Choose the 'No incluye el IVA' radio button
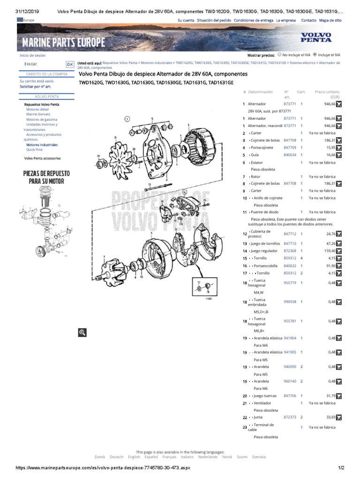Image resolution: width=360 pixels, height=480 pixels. coord(280,54)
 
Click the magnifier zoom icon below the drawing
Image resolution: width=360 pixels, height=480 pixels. coord(82,332)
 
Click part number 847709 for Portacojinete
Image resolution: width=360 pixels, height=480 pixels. coord(290,148)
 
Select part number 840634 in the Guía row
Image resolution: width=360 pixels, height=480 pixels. coord(290,155)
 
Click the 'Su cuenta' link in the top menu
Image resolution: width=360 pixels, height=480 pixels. coord(186,21)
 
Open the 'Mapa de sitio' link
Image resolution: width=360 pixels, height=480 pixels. coord(330,21)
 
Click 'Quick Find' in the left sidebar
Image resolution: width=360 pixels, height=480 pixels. coord(34,150)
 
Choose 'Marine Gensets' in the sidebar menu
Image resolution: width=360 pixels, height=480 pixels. coord(38,114)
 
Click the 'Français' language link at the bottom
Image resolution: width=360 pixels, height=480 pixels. coord(170,457)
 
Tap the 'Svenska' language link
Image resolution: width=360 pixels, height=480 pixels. coord(258,457)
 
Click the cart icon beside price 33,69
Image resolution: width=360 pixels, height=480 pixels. coord(339,417)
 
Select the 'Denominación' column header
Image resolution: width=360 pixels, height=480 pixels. coord(261,92)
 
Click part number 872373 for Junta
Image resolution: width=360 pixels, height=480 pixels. coord(290,417)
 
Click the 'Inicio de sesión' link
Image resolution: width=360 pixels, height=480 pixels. coord(33,55)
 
